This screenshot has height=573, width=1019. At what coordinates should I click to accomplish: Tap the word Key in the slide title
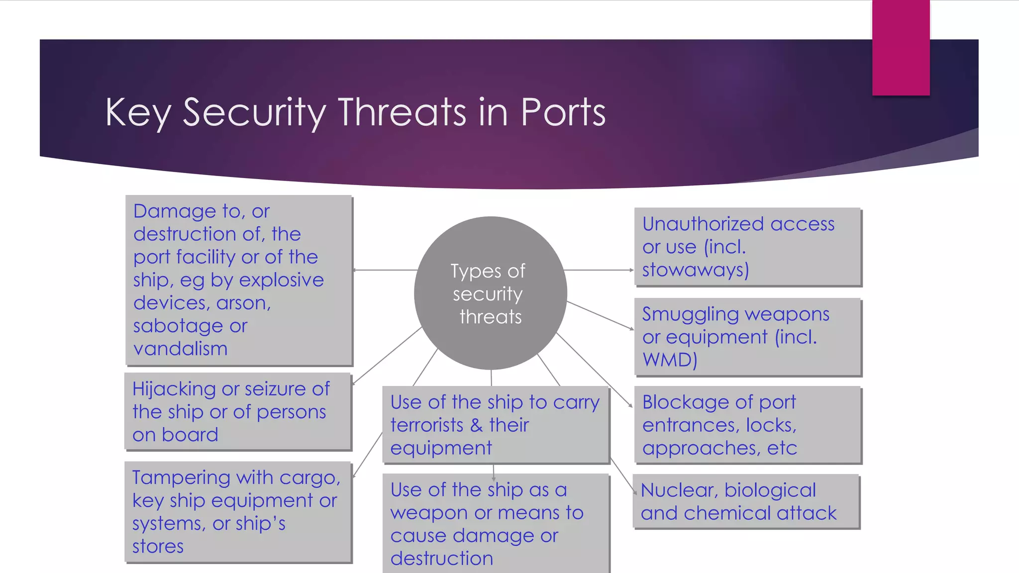(x=138, y=112)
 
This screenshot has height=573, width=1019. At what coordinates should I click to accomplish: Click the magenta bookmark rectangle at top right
(x=901, y=47)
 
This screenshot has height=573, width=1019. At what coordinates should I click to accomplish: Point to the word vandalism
(x=180, y=348)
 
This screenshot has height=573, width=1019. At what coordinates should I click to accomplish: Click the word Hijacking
(x=174, y=389)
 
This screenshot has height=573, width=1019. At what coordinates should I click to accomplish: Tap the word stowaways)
(x=695, y=270)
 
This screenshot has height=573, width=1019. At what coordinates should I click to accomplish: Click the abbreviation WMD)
(x=669, y=359)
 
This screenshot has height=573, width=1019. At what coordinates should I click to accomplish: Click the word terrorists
(x=426, y=425)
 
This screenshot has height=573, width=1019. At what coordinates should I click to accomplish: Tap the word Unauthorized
(x=703, y=224)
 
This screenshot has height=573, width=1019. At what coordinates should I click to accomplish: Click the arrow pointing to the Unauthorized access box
(x=599, y=270)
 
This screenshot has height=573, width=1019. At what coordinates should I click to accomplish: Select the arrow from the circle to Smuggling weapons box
(x=600, y=315)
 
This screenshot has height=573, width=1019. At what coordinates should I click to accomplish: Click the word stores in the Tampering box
(x=158, y=546)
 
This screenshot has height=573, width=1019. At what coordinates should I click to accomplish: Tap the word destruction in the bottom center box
(x=441, y=559)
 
